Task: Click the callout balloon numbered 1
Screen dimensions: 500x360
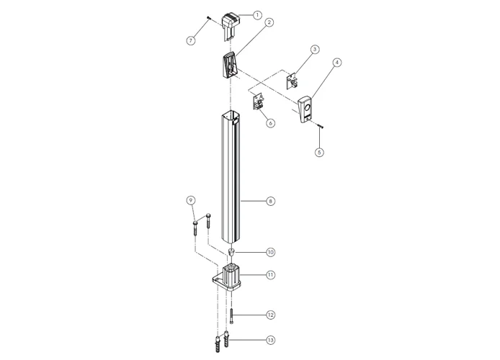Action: pos(257,14)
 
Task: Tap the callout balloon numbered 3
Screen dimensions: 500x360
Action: pos(315,50)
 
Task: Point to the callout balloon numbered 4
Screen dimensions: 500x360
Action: pos(337,63)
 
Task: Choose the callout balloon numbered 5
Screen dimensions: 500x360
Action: pos(319,153)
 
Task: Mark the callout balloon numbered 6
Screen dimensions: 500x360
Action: pos(270,123)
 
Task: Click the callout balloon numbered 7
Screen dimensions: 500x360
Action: pos(191,40)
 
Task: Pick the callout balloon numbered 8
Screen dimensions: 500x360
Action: pos(270,202)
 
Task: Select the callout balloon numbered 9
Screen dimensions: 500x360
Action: pos(191,200)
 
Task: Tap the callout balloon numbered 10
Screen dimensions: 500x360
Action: pos(270,252)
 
